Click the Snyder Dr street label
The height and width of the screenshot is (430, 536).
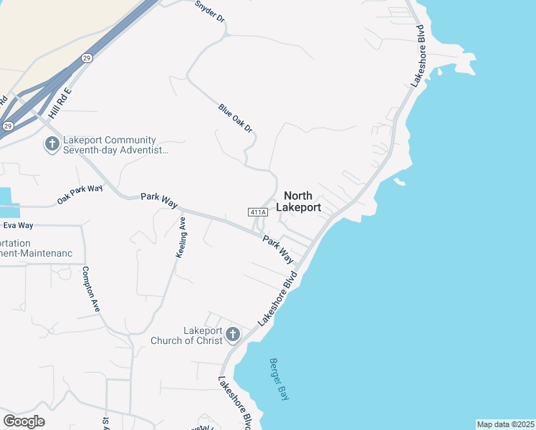pyautogui.click(x=209, y=10)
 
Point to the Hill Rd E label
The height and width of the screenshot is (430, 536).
pyautogui.click(x=59, y=103)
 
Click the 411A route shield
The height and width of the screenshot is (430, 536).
pyautogui.click(x=258, y=212)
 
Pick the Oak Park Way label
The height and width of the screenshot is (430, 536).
pyautogui.click(x=80, y=193)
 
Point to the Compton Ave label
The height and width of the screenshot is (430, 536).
pyautogui.click(x=91, y=288)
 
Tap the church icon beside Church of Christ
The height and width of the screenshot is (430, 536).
pyautogui.click(x=232, y=335)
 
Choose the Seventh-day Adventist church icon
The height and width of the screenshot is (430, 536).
pyautogui.click(x=52, y=145)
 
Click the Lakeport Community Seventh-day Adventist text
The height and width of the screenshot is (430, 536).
pyautogui.click(x=115, y=145)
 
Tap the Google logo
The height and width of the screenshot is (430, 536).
pyautogui.click(x=24, y=421)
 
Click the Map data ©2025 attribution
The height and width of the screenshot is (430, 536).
pyautogui.click(x=505, y=424)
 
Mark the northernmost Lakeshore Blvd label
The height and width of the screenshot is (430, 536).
pyautogui.click(x=417, y=57)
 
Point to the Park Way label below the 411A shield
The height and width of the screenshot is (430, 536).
pyautogui.click(x=278, y=249)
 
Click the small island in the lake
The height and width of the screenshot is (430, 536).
pyautogui.click(x=399, y=182)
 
